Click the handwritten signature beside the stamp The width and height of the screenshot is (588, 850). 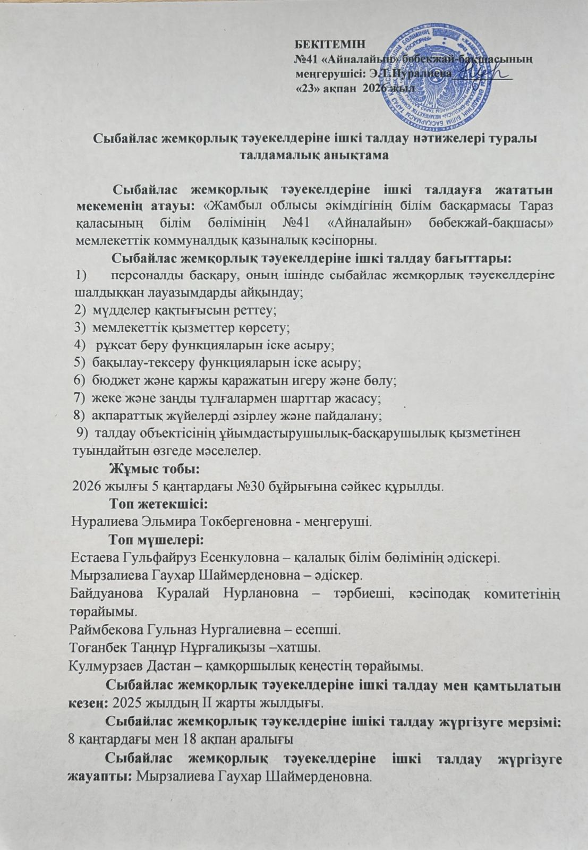[x=483, y=76]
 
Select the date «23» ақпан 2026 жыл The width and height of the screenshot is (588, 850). [x=354, y=89]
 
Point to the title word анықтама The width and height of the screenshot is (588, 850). [x=344, y=156]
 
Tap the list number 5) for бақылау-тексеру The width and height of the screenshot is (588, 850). [x=81, y=363]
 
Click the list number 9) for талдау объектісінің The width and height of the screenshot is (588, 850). [x=82, y=433]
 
